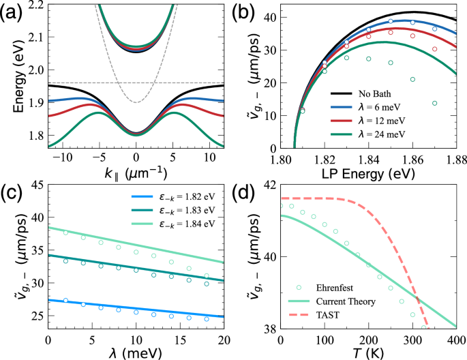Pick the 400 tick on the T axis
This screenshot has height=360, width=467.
pyautogui.click(x=455, y=340)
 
